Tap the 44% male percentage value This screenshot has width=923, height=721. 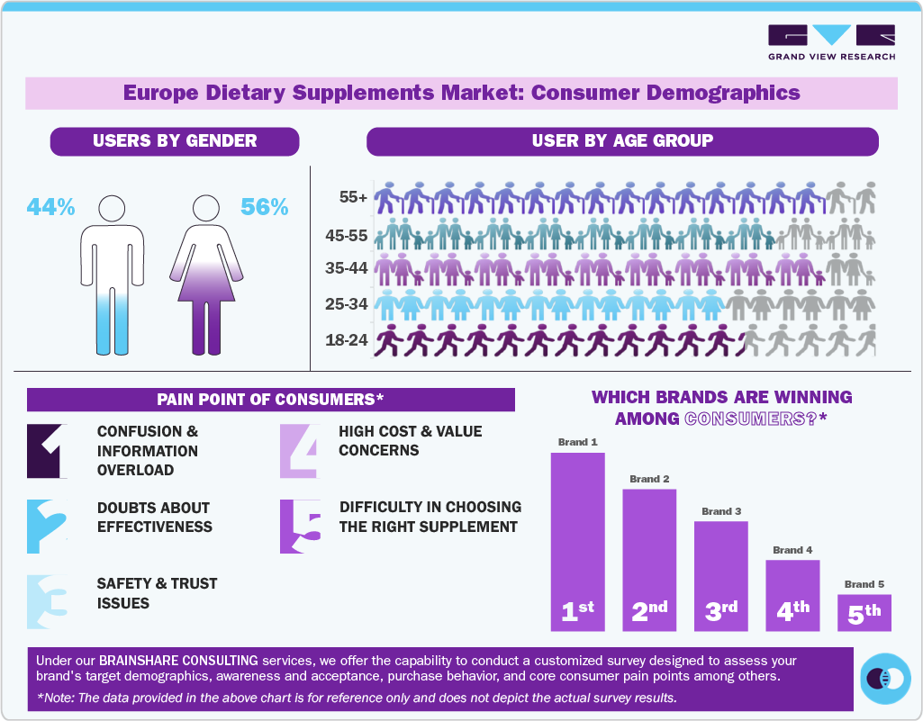click(x=50, y=207)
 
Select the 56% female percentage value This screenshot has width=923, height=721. click(x=265, y=207)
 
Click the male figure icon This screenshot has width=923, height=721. click(x=112, y=275)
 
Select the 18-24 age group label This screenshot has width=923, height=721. click(x=347, y=341)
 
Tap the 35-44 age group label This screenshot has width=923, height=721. click(x=347, y=267)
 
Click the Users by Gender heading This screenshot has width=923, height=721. click(x=175, y=141)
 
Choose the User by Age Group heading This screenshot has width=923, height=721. click(x=622, y=141)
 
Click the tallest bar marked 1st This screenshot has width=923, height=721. click(x=577, y=540)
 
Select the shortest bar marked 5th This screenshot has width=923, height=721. click(x=864, y=612)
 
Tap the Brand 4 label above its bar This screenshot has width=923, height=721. click(x=792, y=549)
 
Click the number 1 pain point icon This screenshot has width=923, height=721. click(x=47, y=450)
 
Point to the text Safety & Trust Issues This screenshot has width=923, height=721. click(x=158, y=593)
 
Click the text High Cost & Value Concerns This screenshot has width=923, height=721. click(x=411, y=440)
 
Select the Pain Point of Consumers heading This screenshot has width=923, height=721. click(x=270, y=400)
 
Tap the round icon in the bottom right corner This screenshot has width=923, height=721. click(x=886, y=678)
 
